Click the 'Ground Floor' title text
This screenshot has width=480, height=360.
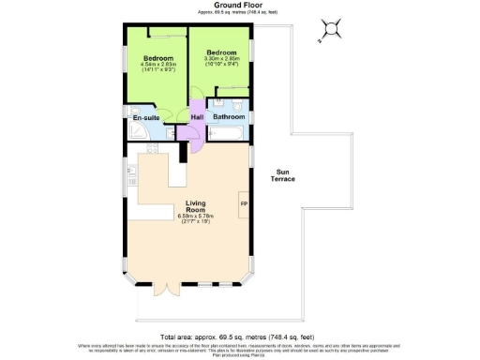point(239,5)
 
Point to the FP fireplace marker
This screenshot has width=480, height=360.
point(244,204)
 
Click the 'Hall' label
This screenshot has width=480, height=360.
point(198,116)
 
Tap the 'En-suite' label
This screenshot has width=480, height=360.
point(144,119)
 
